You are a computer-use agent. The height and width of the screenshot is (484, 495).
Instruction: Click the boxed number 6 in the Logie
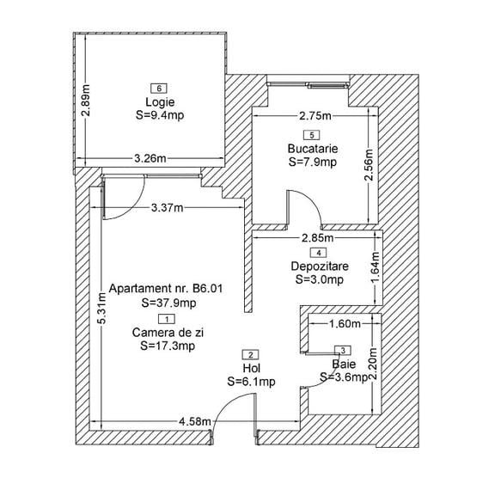pyautogui.click(x=159, y=88)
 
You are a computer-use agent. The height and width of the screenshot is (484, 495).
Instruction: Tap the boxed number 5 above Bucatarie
pyautogui.click(x=312, y=135)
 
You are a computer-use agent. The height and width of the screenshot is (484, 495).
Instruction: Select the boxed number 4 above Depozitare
pyautogui.click(x=319, y=253)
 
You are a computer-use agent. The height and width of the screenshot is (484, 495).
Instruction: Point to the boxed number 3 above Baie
pyautogui.click(x=343, y=350)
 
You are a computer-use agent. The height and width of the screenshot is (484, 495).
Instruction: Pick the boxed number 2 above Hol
pyautogui.click(x=251, y=355)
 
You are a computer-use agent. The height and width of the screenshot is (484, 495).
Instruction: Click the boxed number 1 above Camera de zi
pyautogui.click(x=167, y=319)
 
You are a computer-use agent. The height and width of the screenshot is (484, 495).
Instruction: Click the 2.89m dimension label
pyautogui.click(x=86, y=100)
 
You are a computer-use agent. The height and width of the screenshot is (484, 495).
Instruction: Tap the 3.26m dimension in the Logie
pyautogui.click(x=150, y=158)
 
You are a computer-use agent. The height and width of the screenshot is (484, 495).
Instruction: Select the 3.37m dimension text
pyautogui.click(x=167, y=208)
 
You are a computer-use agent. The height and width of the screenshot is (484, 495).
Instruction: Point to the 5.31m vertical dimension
pyautogui.click(x=101, y=308)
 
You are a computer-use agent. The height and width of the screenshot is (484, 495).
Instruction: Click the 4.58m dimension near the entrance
pyautogui.click(x=195, y=421)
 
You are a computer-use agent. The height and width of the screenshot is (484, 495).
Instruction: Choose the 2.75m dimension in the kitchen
pyautogui.click(x=315, y=116)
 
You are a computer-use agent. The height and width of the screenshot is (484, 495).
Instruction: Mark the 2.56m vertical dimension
pyautogui.click(x=369, y=164)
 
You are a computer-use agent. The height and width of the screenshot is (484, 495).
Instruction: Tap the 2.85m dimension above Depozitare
pyautogui.click(x=317, y=237)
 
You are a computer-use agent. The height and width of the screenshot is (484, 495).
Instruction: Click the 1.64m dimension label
pyautogui.click(x=375, y=267)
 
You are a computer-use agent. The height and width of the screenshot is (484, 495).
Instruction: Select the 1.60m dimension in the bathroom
pyautogui.click(x=345, y=323)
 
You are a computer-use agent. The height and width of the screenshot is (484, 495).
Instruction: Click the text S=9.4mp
pyautogui.click(x=160, y=115)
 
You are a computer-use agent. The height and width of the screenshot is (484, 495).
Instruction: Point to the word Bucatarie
pyautogui.click(x=313, y=149)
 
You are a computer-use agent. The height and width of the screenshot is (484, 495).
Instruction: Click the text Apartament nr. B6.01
pyautogui.click(x=166, y=288)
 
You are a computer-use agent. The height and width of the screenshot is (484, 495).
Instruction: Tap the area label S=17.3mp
pyautogui.click(x=168, y=346)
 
